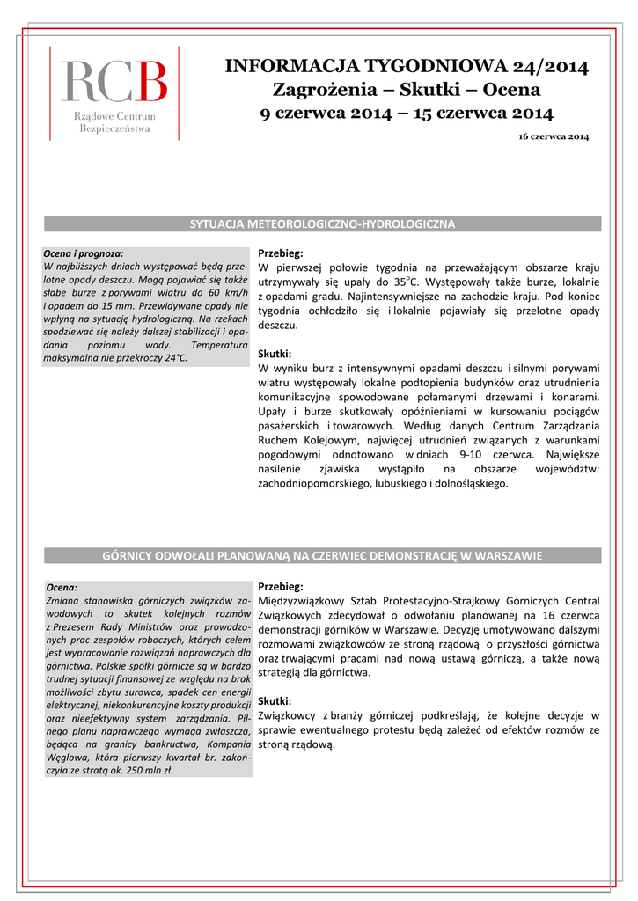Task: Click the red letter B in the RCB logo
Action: click(x=149, y=81)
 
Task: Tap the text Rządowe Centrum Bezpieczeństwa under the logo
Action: click(x=114, y=122)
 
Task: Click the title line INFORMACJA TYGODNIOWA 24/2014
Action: click(x=407, y=66)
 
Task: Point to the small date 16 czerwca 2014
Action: click(x=554, y=137)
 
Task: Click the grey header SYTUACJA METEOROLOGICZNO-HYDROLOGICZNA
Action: click(x=323, y=224)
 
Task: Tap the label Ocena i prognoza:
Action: click(x=84, y=253)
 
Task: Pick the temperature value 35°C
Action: click(x=406, y=282)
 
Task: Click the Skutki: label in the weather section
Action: click(x=275, y=354)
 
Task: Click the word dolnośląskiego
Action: click(x=470, y=483)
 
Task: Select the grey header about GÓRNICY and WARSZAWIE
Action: click(x=323, y=555)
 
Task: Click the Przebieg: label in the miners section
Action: click(x=280, y=586)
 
